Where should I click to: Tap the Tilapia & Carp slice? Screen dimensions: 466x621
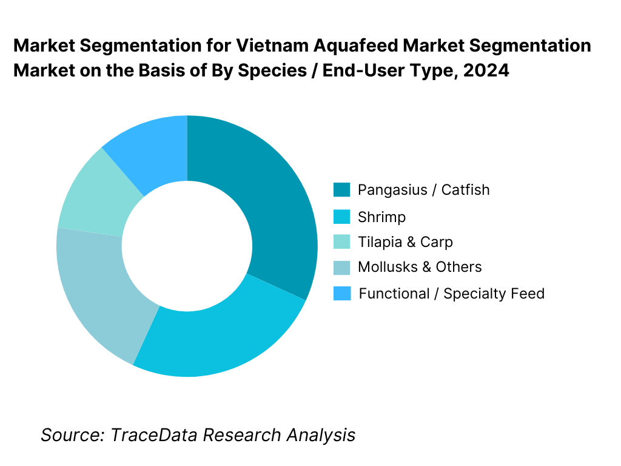click(91, 194)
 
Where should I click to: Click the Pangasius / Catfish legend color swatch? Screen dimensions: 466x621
click(342, 190)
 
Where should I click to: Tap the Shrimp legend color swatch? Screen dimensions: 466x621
click(342, 217)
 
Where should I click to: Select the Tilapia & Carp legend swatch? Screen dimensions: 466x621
click(342, 242)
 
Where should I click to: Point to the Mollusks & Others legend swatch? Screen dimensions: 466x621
click(342, 267)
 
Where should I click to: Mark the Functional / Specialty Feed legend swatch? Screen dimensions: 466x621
click(342, 294)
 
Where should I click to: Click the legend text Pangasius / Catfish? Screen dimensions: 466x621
click(423, 190)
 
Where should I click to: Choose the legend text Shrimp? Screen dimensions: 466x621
click(381, 217)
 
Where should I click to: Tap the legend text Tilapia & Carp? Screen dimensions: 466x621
click(405, 242)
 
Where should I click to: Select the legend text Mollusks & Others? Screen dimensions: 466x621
click(420, 267)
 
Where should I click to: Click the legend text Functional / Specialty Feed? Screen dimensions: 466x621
click(451, 294)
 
